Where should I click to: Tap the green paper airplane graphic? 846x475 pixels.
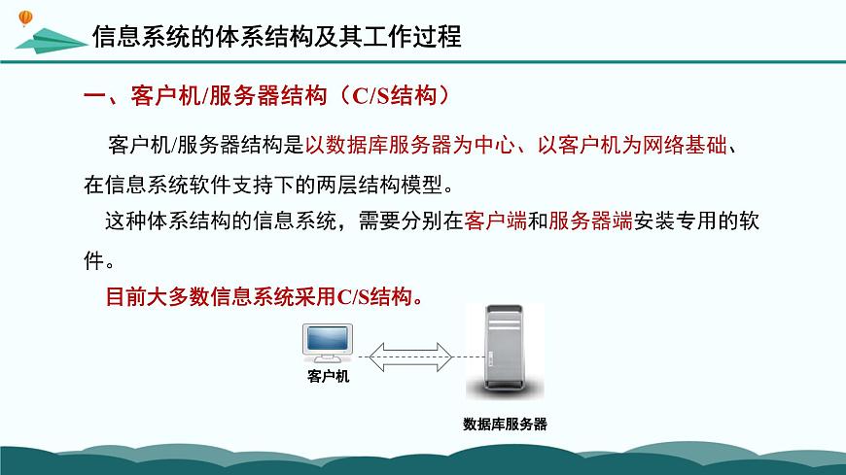pyautogui.click(x=49, y=42)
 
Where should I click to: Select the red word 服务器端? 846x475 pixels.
pyautogui.click(x=591, y=221)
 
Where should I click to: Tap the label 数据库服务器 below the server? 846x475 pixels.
pyautogui.click(x=505, y=424)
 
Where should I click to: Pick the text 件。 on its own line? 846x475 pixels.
pyautogui.click(x=100, y=259)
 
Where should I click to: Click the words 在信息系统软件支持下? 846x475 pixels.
pyautogui.click(x=185, y=184)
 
